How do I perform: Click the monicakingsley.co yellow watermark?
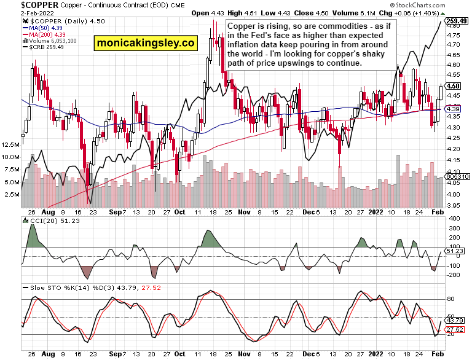click(x=144, y=43)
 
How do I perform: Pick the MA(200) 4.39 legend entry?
click(x=45, y=35)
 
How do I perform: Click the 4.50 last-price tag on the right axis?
click(x=454, y=86)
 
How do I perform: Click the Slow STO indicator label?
click(x=41, y=287)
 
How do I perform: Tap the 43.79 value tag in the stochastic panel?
click(x=455, y=320)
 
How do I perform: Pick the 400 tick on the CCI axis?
click(x=455, y=219)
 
